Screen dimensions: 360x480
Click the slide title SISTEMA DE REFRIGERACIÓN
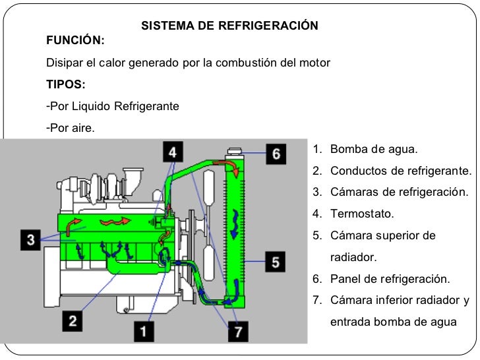[x=230, y=26]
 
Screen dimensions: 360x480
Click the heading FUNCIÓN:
[x=75, y=41]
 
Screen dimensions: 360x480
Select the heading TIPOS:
[x=65, y=84]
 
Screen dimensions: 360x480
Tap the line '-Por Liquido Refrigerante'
[x=113, y=106]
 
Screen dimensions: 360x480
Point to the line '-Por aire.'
[x=71, y=127]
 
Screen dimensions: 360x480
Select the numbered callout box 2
[x=73, y=322]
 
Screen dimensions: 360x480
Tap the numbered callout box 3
[x=31, y=239]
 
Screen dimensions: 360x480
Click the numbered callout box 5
[x=276, y=262]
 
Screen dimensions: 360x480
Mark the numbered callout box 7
[x=238, y=331]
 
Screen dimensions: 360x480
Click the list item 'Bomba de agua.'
[x=374, y=149]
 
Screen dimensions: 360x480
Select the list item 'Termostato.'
[x=362, y=214]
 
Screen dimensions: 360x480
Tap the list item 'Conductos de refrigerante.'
[x=401, y=171]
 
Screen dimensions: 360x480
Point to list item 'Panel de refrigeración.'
[x=390, y=278]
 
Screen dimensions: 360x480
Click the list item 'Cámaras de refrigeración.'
[x=399, y=192]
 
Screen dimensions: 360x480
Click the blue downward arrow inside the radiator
[x=234, y=221]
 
